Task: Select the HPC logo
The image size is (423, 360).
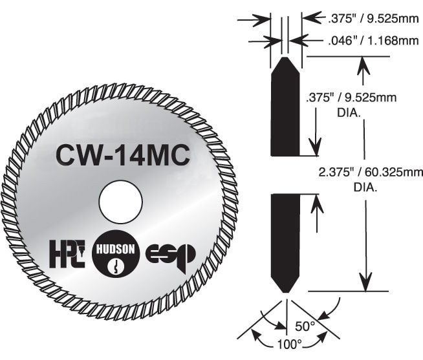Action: (69, 253)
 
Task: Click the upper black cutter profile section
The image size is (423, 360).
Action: (285, 110)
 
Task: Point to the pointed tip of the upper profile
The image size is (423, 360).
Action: (285, 58)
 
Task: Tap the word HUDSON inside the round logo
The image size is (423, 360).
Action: (116, 247)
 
